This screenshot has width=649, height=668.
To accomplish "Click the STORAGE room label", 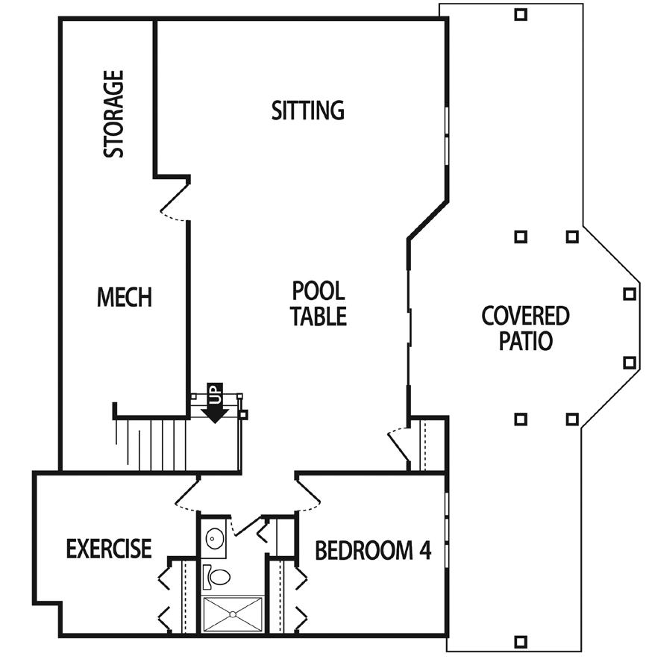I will point(113,114).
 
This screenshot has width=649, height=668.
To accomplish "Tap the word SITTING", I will point(307,110).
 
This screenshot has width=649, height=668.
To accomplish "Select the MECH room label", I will point(125,297).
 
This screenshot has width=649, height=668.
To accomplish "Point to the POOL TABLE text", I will point(319,302).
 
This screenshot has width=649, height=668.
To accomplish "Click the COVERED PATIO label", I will point(525,328).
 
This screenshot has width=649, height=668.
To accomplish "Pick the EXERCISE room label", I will point(109,549).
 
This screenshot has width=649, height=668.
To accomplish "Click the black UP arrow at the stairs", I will point(216,407).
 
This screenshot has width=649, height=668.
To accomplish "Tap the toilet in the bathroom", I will point(217,576).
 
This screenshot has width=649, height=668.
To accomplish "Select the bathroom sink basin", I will point(215,537).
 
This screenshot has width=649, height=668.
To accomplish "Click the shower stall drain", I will point(233,614).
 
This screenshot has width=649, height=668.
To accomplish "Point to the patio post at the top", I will point(521,13).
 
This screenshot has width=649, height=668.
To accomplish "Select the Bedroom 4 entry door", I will point(308,493).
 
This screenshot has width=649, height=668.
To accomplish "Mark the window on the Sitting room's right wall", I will point(447,134).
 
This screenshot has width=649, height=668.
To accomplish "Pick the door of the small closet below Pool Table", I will point(398,446).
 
